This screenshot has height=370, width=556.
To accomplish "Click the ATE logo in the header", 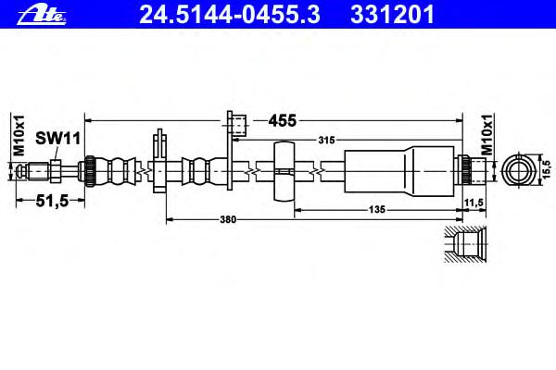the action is (x=42, y=15).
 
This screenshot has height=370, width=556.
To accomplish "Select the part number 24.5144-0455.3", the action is (x=230, y=15).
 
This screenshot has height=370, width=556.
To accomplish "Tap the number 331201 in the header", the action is (x=392, y=15).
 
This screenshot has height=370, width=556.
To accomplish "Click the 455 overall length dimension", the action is (x=283, y=121).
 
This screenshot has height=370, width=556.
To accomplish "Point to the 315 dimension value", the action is (x=326, y=141).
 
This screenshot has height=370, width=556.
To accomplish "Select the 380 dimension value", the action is (x=228, y=220).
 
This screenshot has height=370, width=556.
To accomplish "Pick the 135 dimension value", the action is (x=376, y=210).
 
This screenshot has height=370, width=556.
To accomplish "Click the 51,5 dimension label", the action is (x=52, y=201).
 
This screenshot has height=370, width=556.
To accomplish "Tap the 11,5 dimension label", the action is (x=474, y=203).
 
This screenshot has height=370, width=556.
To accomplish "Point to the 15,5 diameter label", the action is (x=547, y=169).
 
